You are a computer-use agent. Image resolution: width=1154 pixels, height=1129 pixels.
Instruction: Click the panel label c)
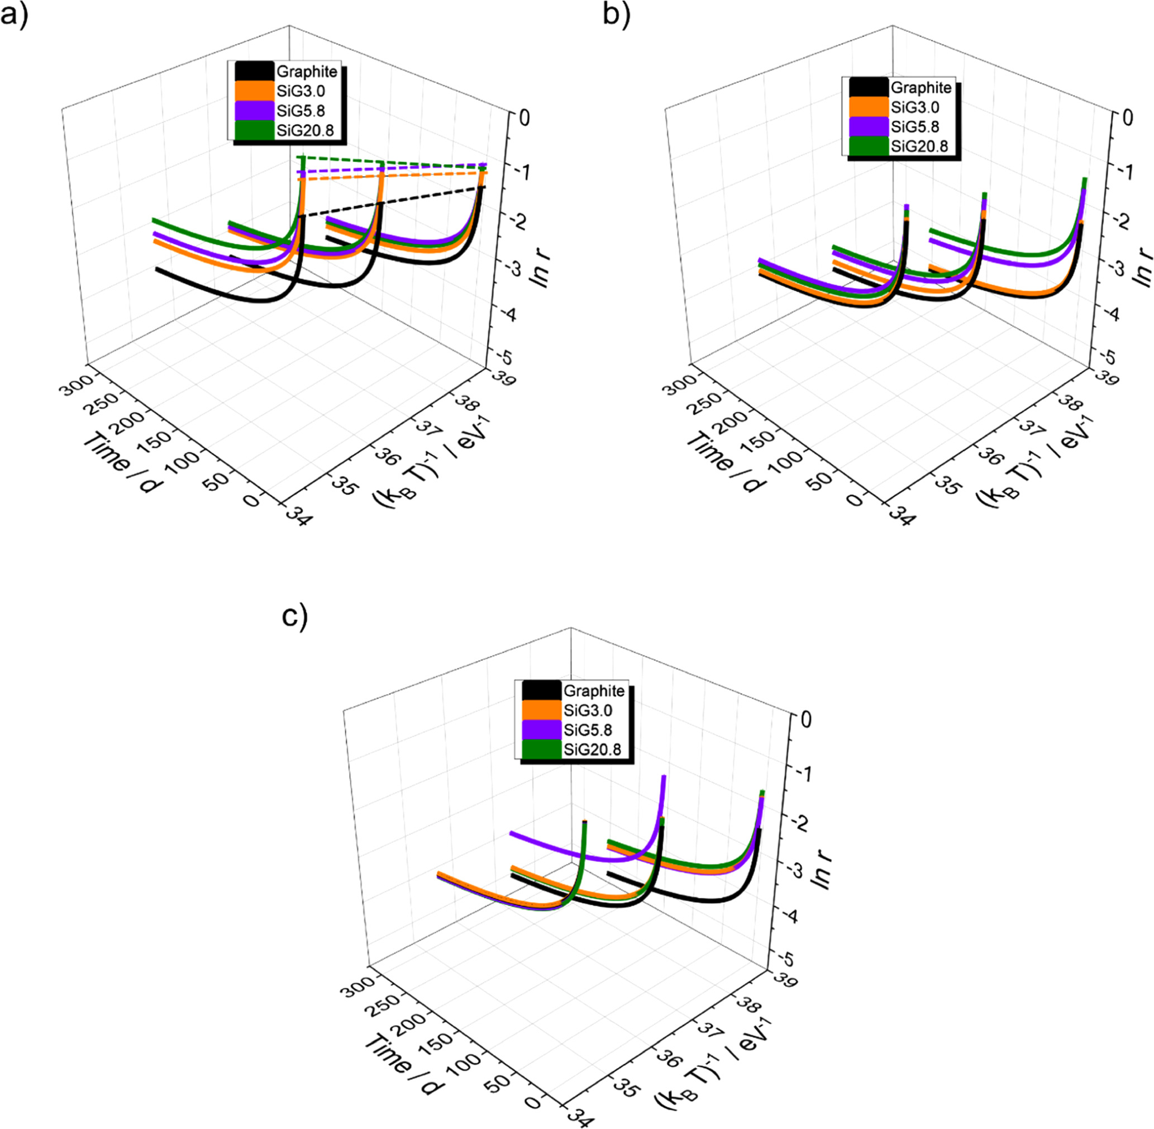coord(294,616)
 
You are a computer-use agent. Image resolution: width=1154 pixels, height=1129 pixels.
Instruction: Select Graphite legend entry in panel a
coord(307,72)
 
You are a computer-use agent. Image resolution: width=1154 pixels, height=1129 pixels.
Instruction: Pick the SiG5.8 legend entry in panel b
coord(914,126)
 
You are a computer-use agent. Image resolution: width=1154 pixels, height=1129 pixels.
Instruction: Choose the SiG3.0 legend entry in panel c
coord(588,710)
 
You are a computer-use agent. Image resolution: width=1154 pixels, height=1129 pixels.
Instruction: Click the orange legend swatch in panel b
coord(869,107)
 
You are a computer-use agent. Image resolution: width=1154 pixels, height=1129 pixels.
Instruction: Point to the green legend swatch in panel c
coord(541,749)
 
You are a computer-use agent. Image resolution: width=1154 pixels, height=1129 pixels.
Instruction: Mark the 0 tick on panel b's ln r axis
coord(1127,118)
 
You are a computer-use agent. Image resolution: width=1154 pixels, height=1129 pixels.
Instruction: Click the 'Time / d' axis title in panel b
coord(726,461)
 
